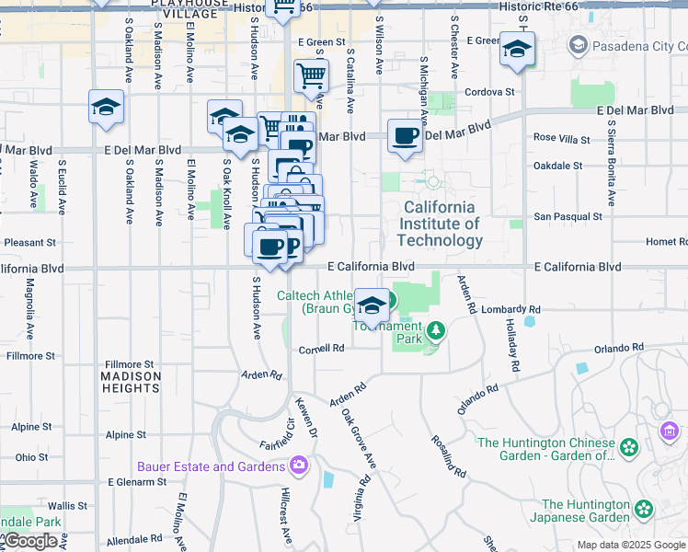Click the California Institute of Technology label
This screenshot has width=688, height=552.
pyautogui.click(x=439, y=224)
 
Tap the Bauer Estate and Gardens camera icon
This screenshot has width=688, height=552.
pyautogui.click(x=298, y=466)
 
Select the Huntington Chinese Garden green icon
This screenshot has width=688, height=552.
pyautogui.click(x=629, y=448)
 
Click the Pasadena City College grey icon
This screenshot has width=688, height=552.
pyautogui.click(x=579, y=44)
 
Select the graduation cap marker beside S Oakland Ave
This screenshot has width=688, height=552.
pyautogui.click(x=106, y=106)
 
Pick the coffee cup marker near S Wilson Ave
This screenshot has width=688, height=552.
pyautogui.click(x=405, y=136)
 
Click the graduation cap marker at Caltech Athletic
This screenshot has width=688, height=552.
pyautogui.click(x=372, y=304)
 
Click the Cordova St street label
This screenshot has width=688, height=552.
pyautogui.click(x=488, y=92)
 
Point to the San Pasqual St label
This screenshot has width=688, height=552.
pyautogui.click(x=568, y=217)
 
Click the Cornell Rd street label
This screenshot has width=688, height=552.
pyautogui.click(x=320, y=349)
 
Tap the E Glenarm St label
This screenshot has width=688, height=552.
pyautogui.click(x=139, y=481)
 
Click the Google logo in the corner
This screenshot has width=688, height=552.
pyautogui.click(x=30, y=541)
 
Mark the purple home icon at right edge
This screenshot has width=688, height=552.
pyautogui.click(x=670, y=431)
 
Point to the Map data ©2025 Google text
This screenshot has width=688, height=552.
pyautogui.click(x=630, y=545)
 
